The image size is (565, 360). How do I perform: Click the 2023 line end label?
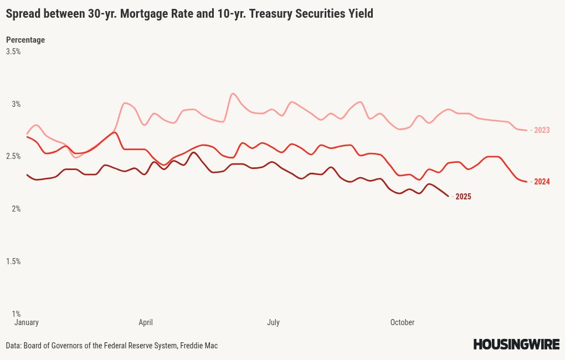coord(542,130)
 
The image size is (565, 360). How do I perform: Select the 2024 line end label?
coord(542,182)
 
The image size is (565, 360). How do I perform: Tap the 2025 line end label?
coord(463,197)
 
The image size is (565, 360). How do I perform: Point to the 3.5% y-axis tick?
coord(13,52)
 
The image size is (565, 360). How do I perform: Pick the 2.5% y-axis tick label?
coord(13,156)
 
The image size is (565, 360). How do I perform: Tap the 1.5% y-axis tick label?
coord(13,261)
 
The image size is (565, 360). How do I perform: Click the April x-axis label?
coord(146,322)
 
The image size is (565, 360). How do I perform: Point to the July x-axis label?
coord(273,322)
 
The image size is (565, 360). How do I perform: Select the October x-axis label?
coord(402,322)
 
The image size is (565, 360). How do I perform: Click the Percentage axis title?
coord(25,40)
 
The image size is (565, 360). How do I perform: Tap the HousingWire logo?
coord(516,344)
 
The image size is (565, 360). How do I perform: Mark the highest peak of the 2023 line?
coord(233,94)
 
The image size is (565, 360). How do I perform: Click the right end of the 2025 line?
coord(448,196)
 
